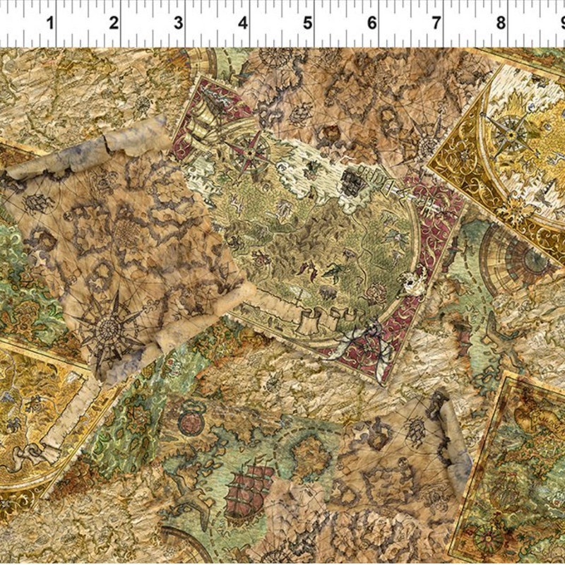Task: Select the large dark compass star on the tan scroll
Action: click(109, 326)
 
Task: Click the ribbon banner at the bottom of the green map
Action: click(318, 311)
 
